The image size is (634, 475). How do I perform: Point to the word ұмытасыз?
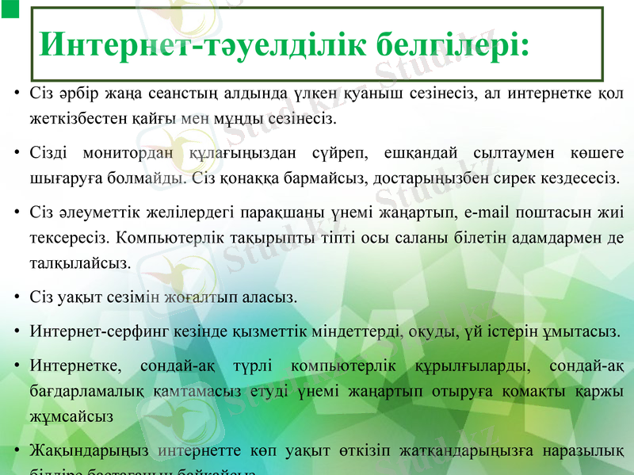point(587,331)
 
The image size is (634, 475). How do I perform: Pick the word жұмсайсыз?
point(71,415)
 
